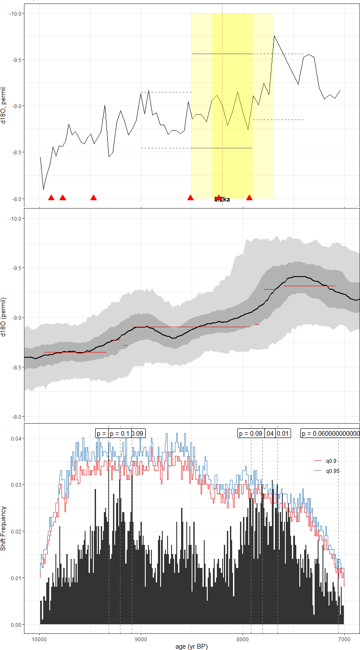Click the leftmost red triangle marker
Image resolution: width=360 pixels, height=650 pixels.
[x=51, y=198]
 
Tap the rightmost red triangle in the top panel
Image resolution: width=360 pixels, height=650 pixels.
[x=249, y=198]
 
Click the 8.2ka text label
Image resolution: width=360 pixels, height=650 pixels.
[x=222, y=200]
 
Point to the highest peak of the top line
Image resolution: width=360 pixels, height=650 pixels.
[x=274, y=36]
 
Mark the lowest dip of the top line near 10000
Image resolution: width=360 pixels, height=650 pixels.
[x=43, y=189]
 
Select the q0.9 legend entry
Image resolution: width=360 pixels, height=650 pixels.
[x=331, y=461]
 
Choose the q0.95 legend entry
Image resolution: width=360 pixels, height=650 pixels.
[x=333, y=471]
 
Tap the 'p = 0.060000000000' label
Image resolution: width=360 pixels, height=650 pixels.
[x=330, y=433]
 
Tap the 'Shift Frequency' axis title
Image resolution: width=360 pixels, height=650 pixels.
[x=4, y=528]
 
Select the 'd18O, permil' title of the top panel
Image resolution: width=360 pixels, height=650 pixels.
[x=4, y=105]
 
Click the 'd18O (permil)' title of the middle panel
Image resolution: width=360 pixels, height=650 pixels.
[x=4, y=317]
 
